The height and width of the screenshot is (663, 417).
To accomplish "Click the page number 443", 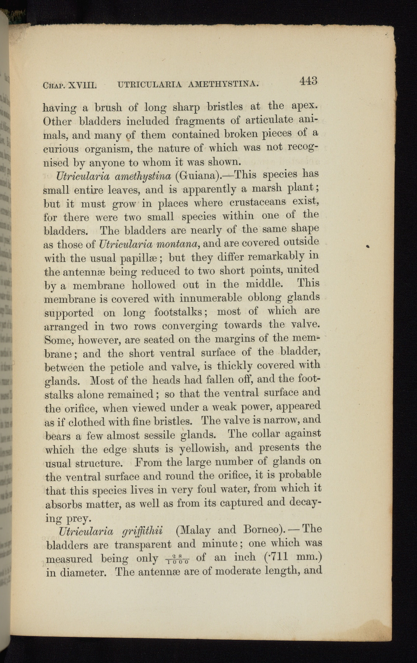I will tap(308, 81).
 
